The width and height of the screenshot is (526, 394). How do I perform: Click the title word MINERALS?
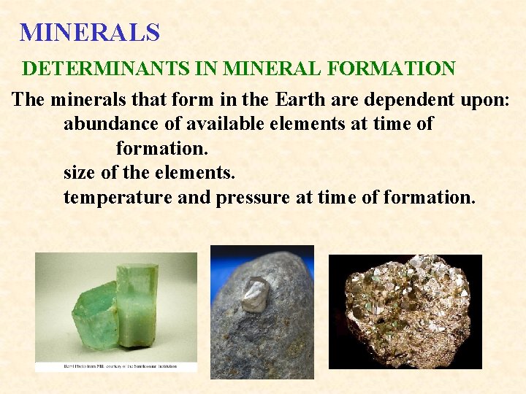pyautogui.click(x=89, y=32)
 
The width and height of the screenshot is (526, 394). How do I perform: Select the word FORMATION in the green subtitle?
pyautogui.click(x=394, y=69)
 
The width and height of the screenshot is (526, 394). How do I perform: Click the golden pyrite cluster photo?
pyautogui.click(x=405, y=310)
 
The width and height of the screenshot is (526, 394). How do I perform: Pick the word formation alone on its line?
pyautogui.click(x=161, y=149)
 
